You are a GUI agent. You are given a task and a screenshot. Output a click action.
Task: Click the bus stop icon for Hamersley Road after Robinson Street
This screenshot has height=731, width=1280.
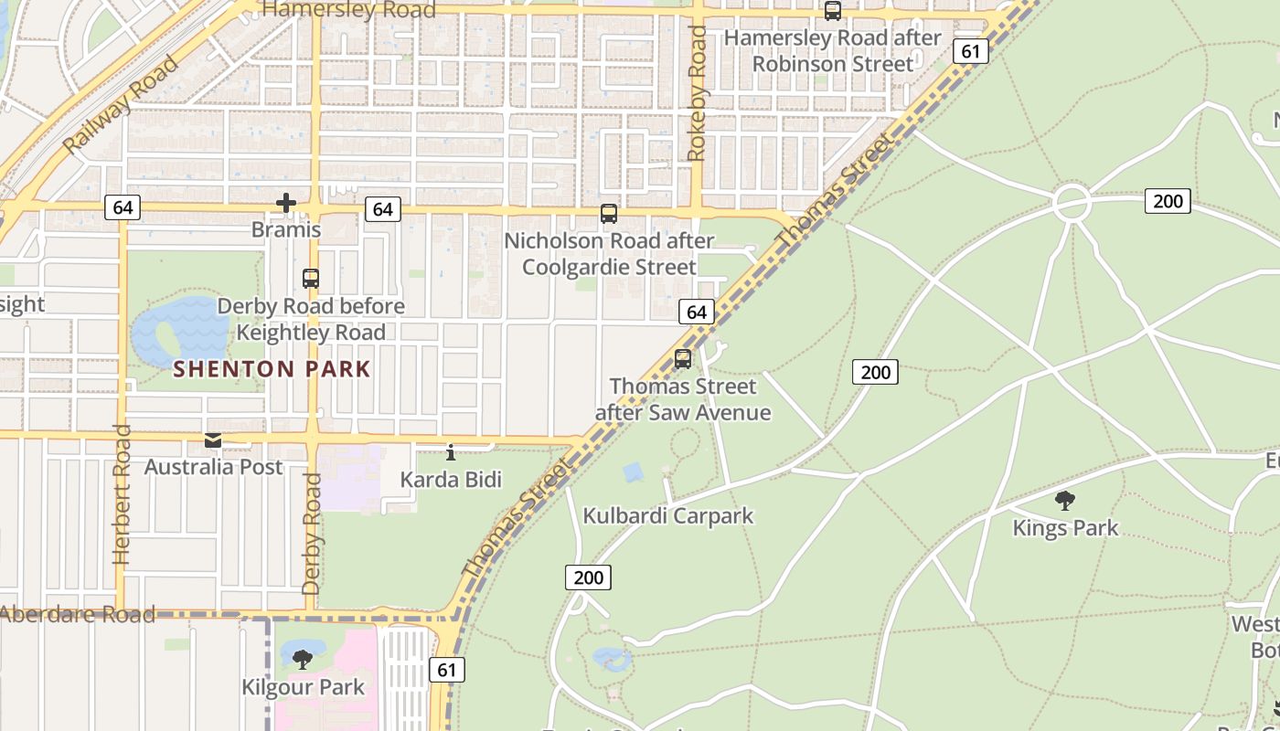point(833,11)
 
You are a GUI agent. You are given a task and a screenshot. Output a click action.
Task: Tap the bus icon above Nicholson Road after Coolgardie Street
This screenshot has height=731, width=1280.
point(609,214)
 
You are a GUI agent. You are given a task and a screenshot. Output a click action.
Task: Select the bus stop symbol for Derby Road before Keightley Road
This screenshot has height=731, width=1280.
point(311,279)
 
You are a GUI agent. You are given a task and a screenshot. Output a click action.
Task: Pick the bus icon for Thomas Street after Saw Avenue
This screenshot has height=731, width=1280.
point(683,359)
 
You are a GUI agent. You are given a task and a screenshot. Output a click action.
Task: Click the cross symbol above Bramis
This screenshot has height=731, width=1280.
point(286,203)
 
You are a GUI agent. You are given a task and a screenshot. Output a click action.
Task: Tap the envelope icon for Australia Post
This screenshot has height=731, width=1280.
point(213,441)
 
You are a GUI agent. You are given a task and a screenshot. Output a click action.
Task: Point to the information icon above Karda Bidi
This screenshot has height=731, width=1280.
point(450,451)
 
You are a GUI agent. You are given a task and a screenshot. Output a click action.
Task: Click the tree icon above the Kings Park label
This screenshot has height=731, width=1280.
point(1064,501)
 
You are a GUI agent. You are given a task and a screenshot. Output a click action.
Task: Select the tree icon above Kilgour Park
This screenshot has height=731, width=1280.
point(303,659)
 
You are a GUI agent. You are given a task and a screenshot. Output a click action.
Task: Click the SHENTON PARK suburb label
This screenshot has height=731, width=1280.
point(272,369)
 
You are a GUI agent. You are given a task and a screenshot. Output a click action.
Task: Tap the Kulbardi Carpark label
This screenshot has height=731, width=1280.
point(668,515)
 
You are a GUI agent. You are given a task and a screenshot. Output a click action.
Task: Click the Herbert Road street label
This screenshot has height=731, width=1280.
point(123,493)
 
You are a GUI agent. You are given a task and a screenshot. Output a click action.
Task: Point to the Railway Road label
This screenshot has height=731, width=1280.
point(120,104)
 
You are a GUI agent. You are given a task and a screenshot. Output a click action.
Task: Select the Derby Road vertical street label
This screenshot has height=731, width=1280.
point(312,534)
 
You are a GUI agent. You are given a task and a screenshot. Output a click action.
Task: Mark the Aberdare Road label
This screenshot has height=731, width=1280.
point(77,614)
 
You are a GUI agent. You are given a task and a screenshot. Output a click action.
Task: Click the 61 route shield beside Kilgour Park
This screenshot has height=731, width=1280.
point(446,670)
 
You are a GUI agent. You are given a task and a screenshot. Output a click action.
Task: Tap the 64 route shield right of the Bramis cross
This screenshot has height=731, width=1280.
point(382,209)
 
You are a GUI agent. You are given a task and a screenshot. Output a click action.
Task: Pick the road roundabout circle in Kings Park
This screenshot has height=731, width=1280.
point(1072,203)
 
